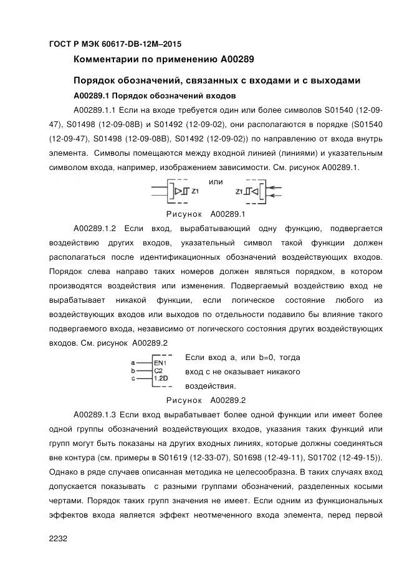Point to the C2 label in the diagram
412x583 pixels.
pyautogui.click(x=158, y=370)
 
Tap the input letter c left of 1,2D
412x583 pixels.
pyautogui.click(x=133, y=378)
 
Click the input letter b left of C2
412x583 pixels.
pyautogui.click(x=133, y=370)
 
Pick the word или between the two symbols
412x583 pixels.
pyautogui.click(x=216, y=182)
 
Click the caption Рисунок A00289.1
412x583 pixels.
pyautogui.click(x=206, y=214)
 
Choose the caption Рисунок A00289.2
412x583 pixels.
pyautogui.click(x=206, y=400)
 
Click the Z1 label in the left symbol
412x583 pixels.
pyautogui.click(x=195, y=192)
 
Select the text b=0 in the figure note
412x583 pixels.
pyautogui.click(x=263, y=358)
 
